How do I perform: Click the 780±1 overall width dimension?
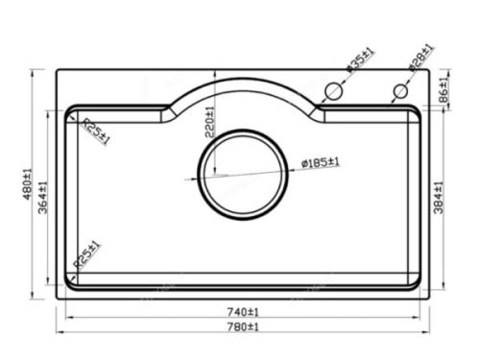coord(243,327)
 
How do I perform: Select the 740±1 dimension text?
coord(243,312)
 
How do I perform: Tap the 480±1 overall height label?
coord(28,183)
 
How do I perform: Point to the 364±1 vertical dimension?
coord(43,198)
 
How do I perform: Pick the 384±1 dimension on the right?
coord(439,198)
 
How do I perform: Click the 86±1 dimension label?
coord(444,90)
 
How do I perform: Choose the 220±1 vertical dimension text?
coord(209,122)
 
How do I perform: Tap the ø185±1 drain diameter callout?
coord(321,162)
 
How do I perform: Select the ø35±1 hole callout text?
coord(360,60)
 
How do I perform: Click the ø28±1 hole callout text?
coord(421,57)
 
